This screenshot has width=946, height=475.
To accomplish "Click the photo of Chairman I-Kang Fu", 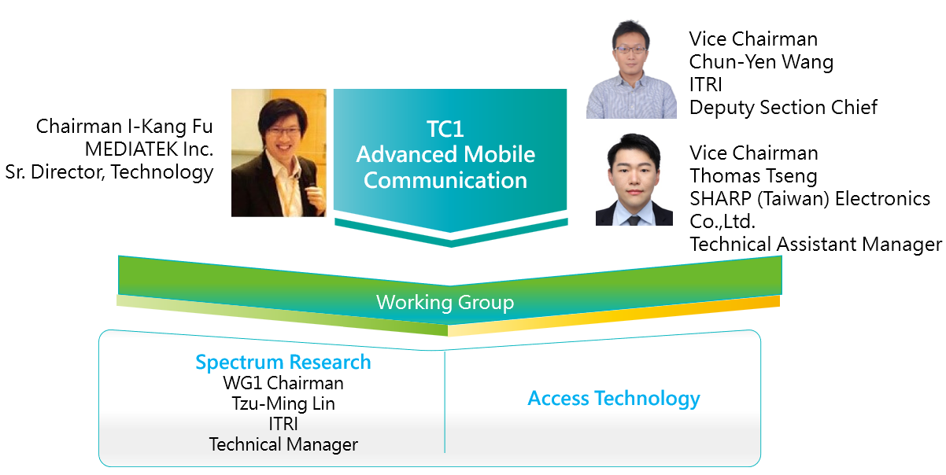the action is [279, 153].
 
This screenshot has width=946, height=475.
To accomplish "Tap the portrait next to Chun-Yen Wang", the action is [631, 68].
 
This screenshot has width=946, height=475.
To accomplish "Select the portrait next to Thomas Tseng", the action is [634, 179].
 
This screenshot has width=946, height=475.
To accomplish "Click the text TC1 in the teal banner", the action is [445, 129].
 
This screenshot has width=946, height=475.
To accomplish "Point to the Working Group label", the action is [445, 302].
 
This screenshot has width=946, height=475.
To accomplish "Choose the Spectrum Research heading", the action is [283, 362].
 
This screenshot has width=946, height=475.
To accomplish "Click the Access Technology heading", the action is [614, 398].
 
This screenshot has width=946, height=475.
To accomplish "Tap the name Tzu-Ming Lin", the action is [283, 403].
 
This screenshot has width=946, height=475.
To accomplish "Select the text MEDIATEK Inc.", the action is [149, 149].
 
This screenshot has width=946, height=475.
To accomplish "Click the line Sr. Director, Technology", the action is [109, 172].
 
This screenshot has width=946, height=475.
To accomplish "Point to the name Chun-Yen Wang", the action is [761, 61].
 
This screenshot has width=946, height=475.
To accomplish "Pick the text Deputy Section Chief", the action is [783, 107].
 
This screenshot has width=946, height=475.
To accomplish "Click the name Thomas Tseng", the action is [753, 176].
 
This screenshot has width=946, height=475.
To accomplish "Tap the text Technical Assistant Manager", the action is [815, 244].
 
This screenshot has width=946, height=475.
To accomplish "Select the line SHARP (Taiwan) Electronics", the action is [810, 199].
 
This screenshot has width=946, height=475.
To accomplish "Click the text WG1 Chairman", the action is [283, 383].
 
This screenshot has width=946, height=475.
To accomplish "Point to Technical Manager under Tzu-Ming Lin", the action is [283, 444].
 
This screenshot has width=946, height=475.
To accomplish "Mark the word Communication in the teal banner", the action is [445, 180].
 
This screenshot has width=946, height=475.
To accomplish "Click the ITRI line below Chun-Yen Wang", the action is [705, 84].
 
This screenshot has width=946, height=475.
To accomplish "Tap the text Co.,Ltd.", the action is [722, 221].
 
